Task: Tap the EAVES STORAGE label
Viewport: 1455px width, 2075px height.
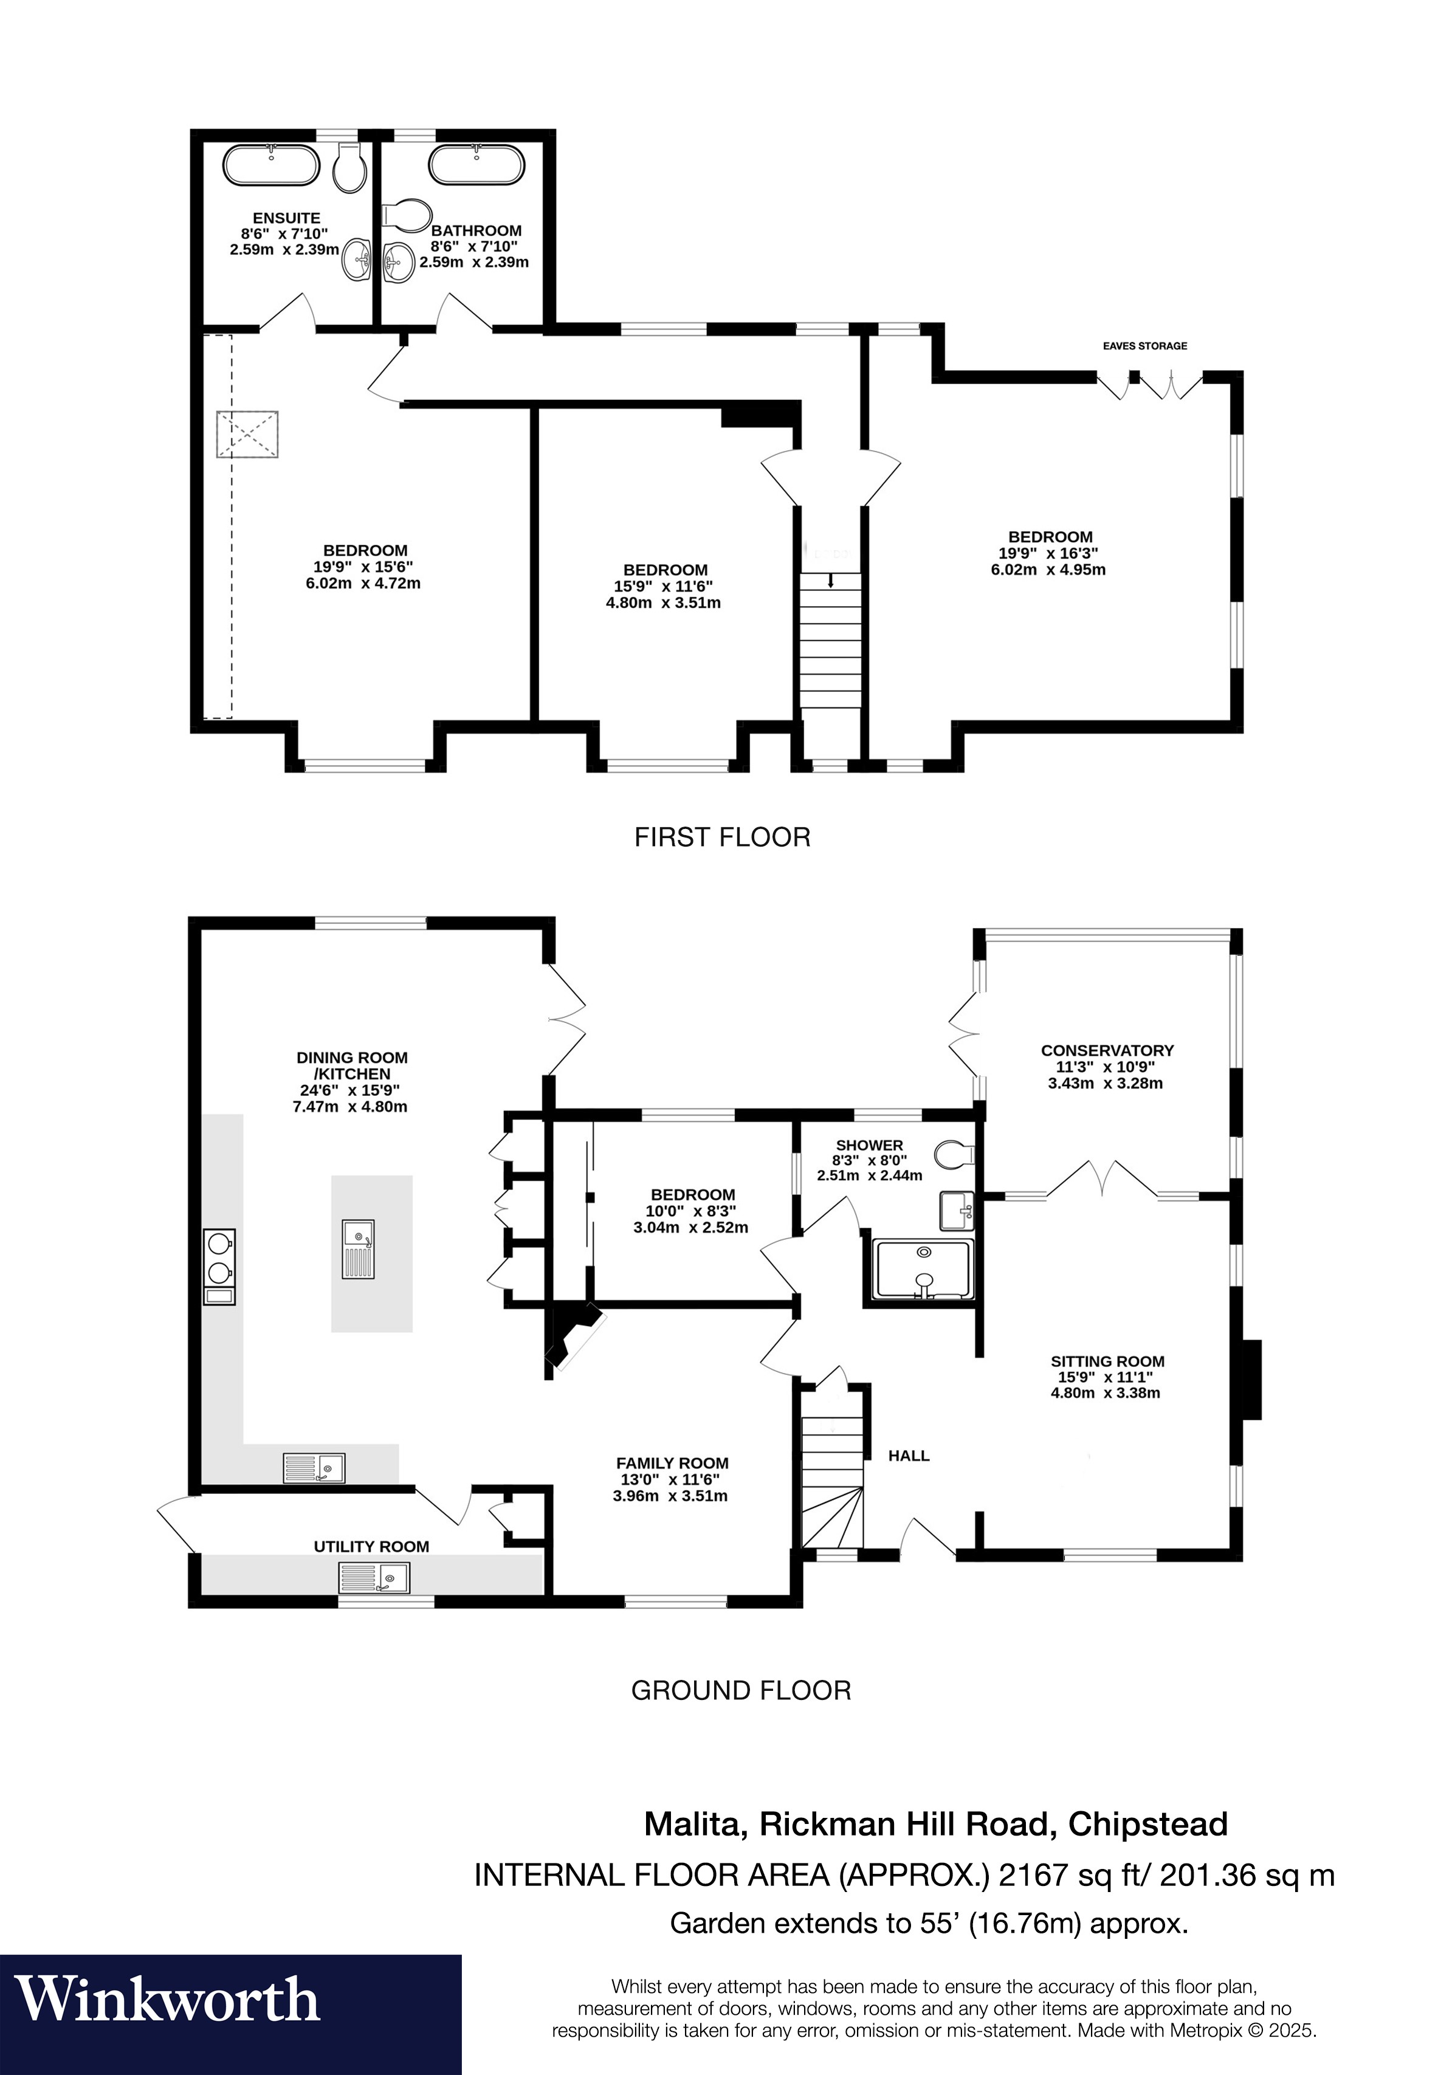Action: click(1144, 345)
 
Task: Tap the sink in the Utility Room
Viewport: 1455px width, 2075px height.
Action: click(374, 1578)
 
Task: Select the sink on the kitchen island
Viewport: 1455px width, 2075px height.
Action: click(358, 1248)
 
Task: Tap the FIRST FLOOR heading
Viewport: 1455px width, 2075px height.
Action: click(722, 837)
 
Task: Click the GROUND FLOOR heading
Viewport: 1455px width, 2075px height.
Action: click(740, 1690)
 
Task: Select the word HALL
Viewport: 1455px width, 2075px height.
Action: click(908, 1455)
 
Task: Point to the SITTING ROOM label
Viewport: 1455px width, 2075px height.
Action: click(1107, 1361)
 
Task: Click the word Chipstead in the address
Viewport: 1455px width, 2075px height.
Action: click(1147, 1824)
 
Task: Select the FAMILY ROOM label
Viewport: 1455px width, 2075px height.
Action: click(672, 1463)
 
